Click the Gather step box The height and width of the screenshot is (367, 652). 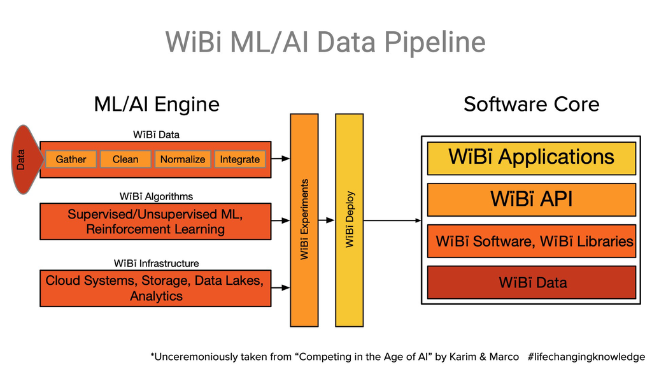click(71, 159)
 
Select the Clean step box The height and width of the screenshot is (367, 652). click(125, 159)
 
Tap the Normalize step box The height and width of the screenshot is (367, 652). click(183, 159)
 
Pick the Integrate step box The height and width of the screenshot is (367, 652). click(240, 159)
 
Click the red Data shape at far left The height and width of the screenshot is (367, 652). click(24, 159)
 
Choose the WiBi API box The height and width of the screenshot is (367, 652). click(532, 199)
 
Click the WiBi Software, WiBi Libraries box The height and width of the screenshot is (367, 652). click(532, 241)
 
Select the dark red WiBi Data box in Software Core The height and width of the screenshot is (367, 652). click(532, 282)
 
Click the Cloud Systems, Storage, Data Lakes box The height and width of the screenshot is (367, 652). click(155, 288)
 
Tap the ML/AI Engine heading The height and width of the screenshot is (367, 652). click(157, 104)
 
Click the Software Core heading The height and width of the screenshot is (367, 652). click(531, 104)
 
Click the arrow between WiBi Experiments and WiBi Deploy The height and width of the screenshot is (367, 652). click(327, 220)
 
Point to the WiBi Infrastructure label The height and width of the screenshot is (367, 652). click(156, 263)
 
